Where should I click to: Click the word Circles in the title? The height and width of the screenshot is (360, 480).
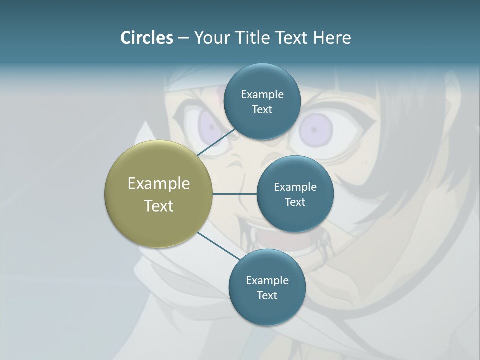point(146,38)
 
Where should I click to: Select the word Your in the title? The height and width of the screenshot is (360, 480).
point(210,38)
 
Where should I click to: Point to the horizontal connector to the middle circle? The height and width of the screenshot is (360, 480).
point(234,194)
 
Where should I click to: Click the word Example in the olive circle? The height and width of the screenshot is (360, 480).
point(158,184)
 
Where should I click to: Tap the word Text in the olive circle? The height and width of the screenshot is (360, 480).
point(158,206)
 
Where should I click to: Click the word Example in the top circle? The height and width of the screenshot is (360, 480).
point(262,95)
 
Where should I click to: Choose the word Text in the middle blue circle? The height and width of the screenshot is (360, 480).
point(295,202)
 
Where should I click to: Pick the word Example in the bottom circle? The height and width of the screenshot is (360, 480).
point(267,281)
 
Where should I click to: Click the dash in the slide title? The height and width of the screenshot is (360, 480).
point(183,38)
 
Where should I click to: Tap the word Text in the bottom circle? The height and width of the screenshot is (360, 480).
point(267,296)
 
